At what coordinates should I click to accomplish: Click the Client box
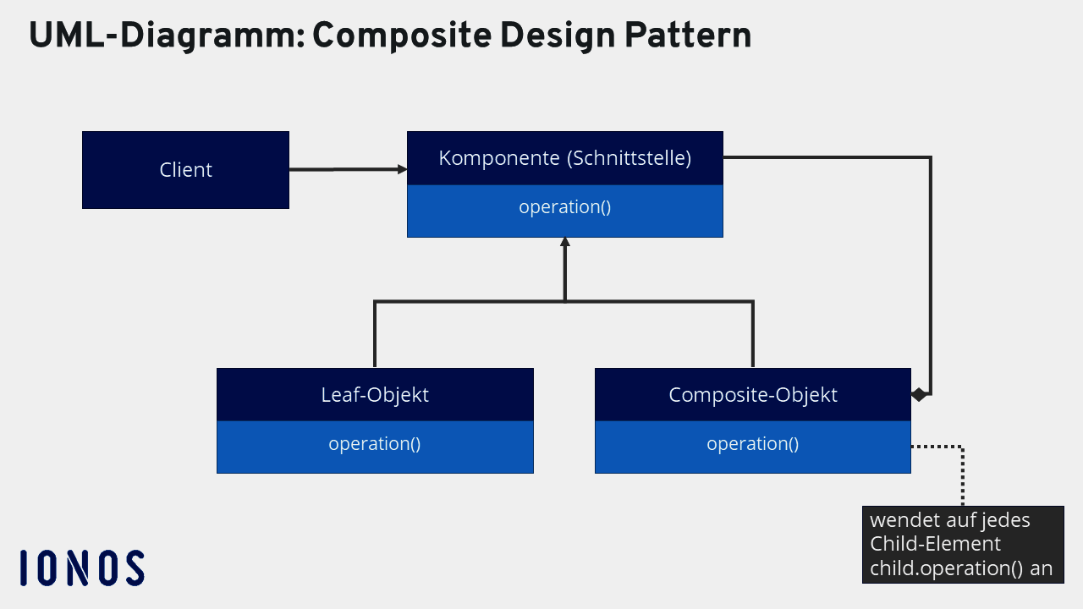click(185, 170)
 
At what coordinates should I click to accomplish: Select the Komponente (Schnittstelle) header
click(564, 158)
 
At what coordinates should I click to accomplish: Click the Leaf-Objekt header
click(375, 394)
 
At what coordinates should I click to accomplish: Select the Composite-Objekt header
click(752, 394)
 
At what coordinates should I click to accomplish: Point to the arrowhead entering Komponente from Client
click(403, 170)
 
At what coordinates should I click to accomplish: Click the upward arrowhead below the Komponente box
click(564, 243)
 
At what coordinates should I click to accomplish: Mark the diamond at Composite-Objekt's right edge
click(919, 394)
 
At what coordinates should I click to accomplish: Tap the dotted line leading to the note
click(963, 474)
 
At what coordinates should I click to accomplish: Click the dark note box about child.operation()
click(963, 545)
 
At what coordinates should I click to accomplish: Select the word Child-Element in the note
click(935, 544)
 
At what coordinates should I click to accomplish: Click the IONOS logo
click(82, 568)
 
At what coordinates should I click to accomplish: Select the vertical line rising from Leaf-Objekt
click(375, 334)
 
